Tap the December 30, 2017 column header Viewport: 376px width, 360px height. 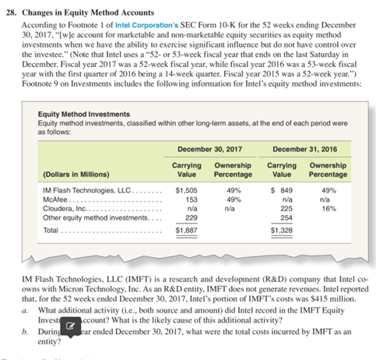pos(210,148)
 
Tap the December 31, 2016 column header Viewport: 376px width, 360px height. pos(307,148)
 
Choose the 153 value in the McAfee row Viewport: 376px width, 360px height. pos(191,198)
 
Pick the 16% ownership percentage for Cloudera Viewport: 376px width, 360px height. pos(328,208)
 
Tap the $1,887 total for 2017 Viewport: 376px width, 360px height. pos(187,231)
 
